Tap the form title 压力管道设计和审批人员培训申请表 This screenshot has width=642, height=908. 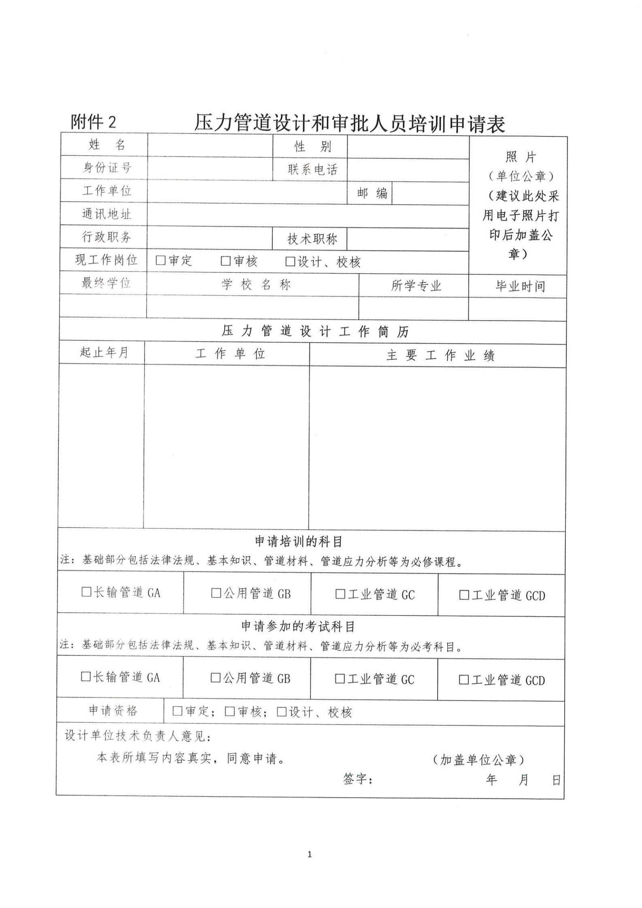tap(350, 123)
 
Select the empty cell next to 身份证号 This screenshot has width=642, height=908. tap(210, 168)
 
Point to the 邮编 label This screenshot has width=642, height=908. tap(372, 193)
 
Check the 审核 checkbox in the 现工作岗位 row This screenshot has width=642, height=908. tap(225, 261)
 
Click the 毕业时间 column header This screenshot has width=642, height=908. tap(520, 286)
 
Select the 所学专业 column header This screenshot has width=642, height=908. tap(416, 286)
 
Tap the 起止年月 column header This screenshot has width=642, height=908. tap(104, 352)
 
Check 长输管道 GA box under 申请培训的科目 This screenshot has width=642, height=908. tap(86, 592)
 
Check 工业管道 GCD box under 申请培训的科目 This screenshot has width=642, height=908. tap(464, 595)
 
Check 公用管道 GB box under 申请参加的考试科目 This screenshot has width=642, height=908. tap(215, 677)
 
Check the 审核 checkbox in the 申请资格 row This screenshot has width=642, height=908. tap(230, 711)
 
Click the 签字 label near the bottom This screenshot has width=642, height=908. tap(358, 779)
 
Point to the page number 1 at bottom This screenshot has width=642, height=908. tap(310, 854)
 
